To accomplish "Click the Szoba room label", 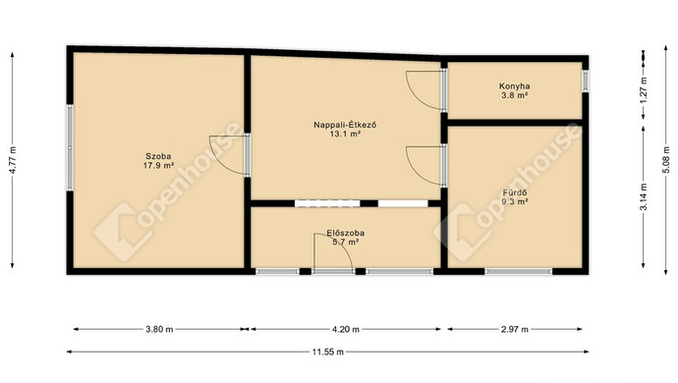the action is click(x=158, y=156).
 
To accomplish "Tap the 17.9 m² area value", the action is click(x=158, y=165).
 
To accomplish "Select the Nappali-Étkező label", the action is click(x=345, y=125).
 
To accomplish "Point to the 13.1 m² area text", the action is click(x=345, y=134).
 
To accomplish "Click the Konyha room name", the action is click(x=514, y=86).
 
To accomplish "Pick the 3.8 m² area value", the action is click(x=514, y=95).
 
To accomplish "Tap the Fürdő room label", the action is click(x=515, y=192).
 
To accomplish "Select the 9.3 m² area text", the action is click(x=515, y=201).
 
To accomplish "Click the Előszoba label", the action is click(x=345, y=233).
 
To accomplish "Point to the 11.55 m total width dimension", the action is click(x=328, y=352).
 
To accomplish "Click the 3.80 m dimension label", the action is click(x=159, y=329).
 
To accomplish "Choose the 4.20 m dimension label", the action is click(x=346, y=329).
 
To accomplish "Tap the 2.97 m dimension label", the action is click(x=515, y=329).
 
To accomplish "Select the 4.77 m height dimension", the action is click(x=13, y=160).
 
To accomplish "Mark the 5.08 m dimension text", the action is click(x=666, y=160).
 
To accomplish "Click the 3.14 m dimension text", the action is click(x=644, y=197).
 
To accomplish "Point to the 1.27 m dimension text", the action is click(x=644, y=90).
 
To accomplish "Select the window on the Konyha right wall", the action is click(x=585, y=81).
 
